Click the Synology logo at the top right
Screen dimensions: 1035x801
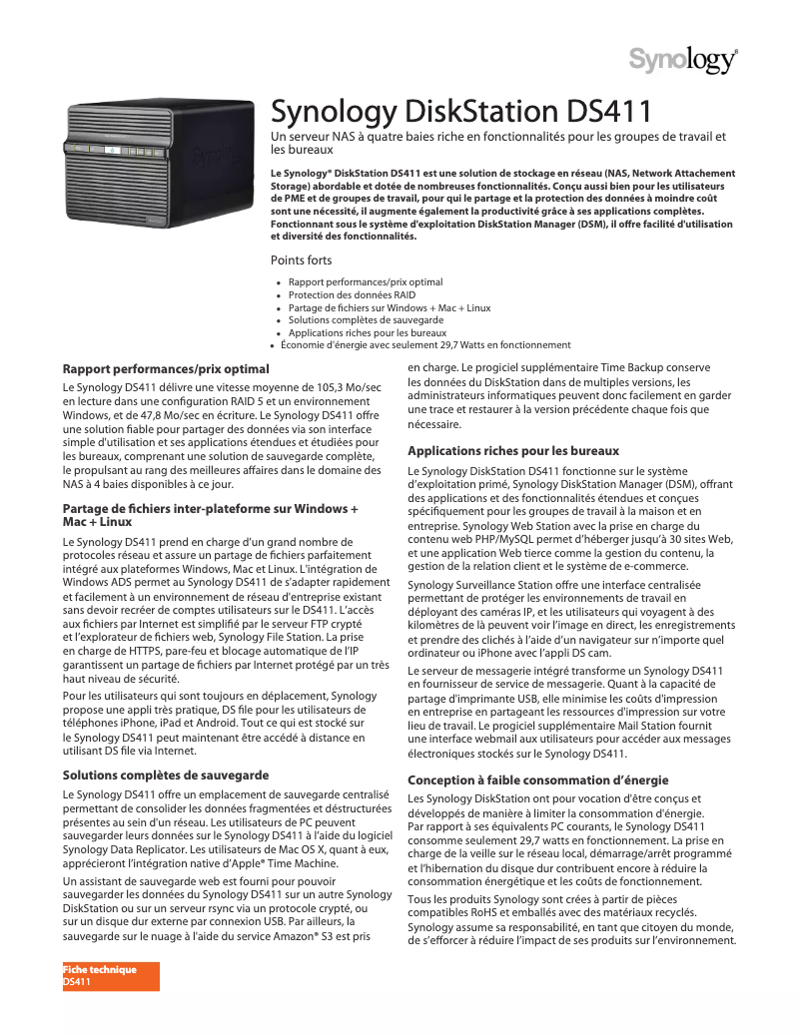(683, 59)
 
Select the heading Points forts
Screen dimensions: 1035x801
(302, 260)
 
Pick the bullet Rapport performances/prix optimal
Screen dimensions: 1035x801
(366, 282)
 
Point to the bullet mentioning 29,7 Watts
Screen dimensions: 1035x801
(425, 345)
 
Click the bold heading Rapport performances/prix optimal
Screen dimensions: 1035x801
(166, 369)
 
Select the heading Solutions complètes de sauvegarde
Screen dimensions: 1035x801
(166, 775)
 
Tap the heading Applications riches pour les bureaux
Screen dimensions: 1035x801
(513, 451)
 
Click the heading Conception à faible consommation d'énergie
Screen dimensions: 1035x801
(537, 779)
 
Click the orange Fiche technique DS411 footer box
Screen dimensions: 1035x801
(111, 976)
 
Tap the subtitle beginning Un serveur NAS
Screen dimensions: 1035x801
(497, 142)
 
